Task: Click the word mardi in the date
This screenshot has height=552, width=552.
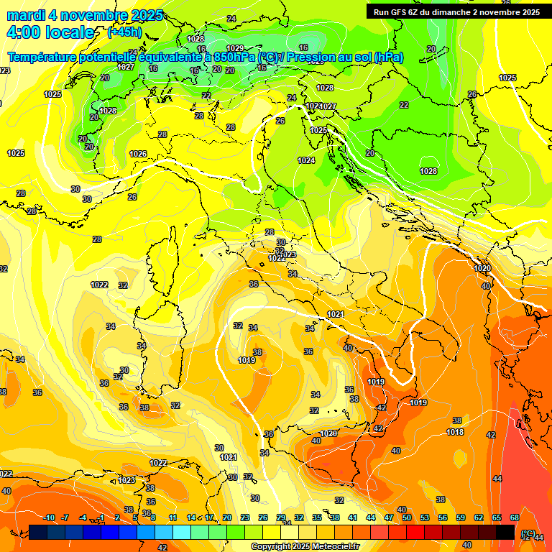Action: [26, 15]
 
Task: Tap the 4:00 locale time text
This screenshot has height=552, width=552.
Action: [50, 32]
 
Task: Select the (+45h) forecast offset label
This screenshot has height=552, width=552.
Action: [124, 32]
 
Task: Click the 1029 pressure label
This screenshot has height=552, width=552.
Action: [235, 49]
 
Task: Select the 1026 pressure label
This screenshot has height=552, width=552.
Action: [138, 154]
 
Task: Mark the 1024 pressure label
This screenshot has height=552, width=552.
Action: [306, 160]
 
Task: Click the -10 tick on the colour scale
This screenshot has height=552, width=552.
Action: [49, 517]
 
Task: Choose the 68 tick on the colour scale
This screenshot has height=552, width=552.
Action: [515, 517]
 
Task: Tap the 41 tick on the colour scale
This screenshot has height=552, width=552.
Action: [352, 517]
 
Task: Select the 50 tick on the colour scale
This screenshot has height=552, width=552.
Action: [406, 517]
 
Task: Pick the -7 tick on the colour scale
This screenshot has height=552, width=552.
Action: [65, 517]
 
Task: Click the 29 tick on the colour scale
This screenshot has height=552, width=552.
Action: [280, 517]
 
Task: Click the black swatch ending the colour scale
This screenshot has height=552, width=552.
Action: [505, 533]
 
